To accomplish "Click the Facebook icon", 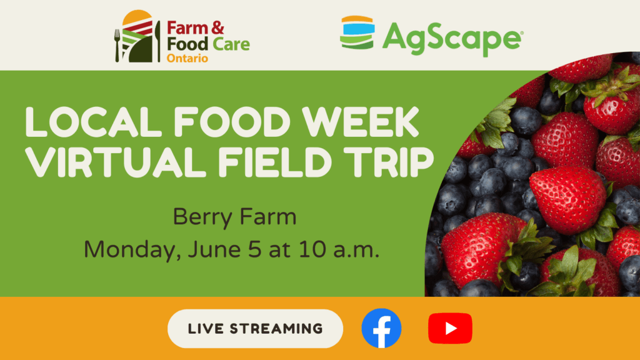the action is click(x=381, y=328).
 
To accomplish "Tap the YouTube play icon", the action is click(x=450, y=328).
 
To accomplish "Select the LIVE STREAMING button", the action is click(x=255, y=329).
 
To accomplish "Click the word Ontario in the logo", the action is click(x=187, y=58).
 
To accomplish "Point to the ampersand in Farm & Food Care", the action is click(x=217, y=27).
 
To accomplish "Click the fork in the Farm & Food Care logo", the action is click(x=117, y=45).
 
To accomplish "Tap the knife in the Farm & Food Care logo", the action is click(x=157, y=42).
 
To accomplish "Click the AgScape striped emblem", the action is click(x=357, y=32).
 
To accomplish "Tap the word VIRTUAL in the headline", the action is click(x=116, y=162).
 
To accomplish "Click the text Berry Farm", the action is click(x=235, y=216).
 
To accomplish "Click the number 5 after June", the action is click(x=254, y=249).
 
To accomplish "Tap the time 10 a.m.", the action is click(x=339, y=249).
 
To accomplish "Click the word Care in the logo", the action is click(x=231, y=44).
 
